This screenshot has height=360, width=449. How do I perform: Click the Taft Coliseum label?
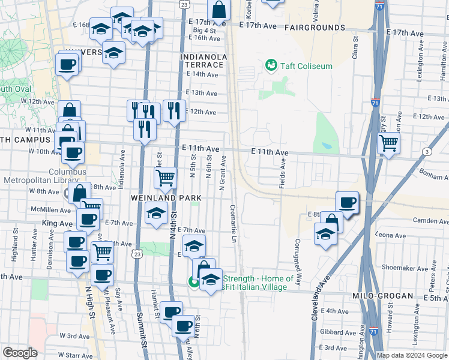coord(306,66)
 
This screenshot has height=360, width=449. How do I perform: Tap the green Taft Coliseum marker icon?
coord(271,65)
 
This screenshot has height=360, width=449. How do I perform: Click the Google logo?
coord(20,353)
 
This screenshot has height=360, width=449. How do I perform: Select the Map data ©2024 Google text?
coord(412,355)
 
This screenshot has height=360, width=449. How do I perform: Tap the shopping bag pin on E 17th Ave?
coord(219,10)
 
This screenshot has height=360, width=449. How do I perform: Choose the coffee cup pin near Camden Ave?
coord(347,202)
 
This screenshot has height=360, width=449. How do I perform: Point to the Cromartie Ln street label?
coord(233,224)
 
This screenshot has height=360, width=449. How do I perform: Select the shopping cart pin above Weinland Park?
coord(165,177)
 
